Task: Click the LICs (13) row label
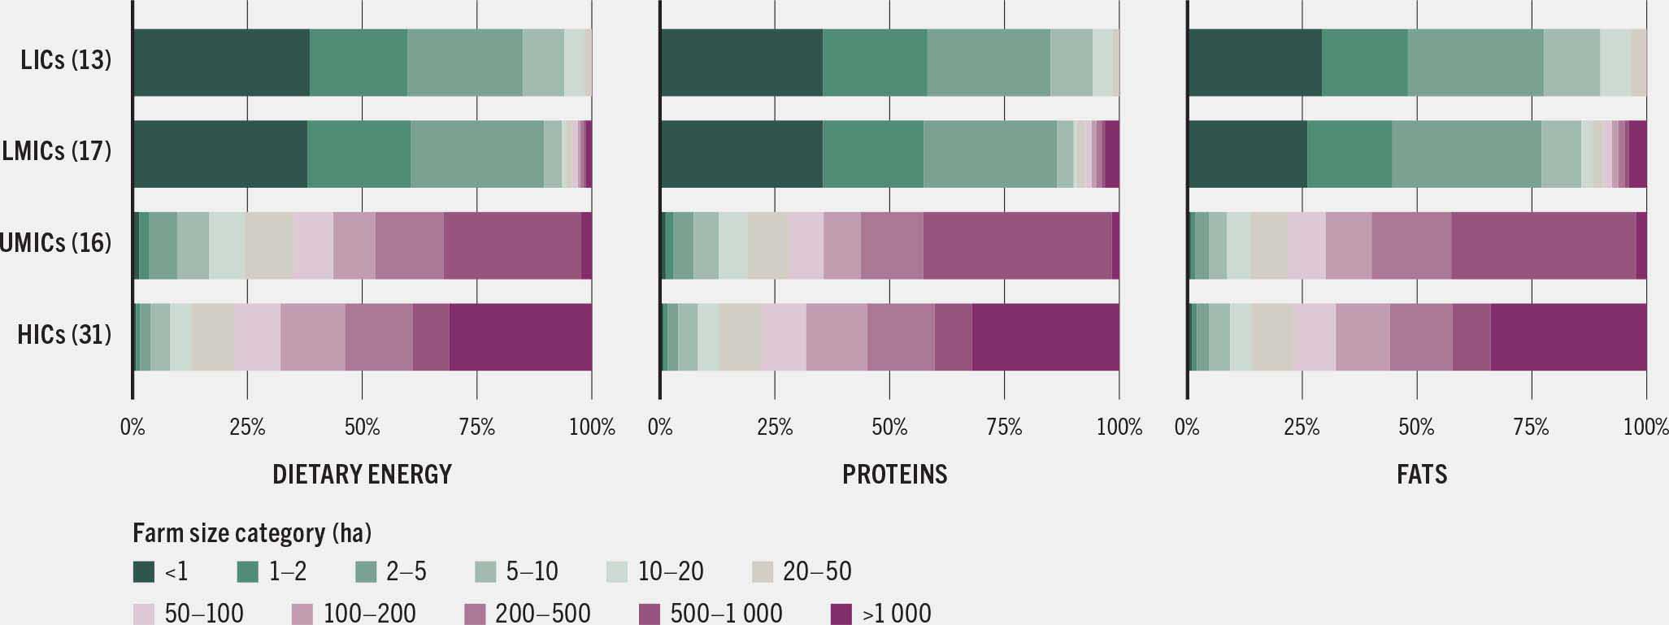[66, 60]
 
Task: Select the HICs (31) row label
[64, 335]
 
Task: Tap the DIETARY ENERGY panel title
[362, 474]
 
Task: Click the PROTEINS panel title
[894, 474]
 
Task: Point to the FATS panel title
[1421, 474]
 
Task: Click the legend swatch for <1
[144, 572]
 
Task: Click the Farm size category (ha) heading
[252, 533]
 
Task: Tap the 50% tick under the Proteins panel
[889, 428]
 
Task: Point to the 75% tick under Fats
[1531, 428]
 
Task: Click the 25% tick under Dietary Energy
[247, 428]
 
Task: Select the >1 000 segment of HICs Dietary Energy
[520, 336]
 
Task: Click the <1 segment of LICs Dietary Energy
[221, 63]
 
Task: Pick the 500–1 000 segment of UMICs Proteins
[1017, 245]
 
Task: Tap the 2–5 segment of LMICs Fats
[1466, 154]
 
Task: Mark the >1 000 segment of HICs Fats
[1568, 336]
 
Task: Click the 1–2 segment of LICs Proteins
[875, 63]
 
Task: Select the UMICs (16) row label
[55, 243]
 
